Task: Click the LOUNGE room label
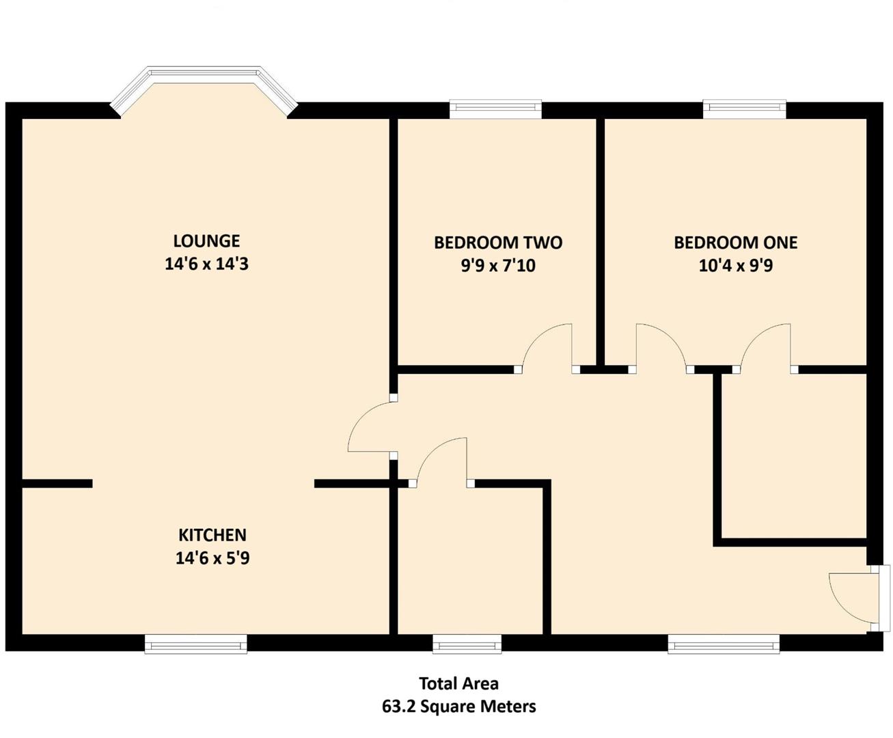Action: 206,241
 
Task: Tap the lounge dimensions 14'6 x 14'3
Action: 206,264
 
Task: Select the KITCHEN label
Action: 212,535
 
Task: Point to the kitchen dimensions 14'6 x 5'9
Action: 212,558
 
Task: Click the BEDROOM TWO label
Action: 498,243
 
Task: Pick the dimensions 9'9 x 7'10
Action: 498,266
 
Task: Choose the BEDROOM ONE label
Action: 735,243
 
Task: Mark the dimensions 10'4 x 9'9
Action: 735,266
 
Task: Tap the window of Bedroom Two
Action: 495,109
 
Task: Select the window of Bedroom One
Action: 744,109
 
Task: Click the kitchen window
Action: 196,644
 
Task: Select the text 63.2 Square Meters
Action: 458,707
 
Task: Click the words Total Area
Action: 458,683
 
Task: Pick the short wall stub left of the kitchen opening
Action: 57,483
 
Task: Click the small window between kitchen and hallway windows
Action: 467,644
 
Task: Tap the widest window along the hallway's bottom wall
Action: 723,644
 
